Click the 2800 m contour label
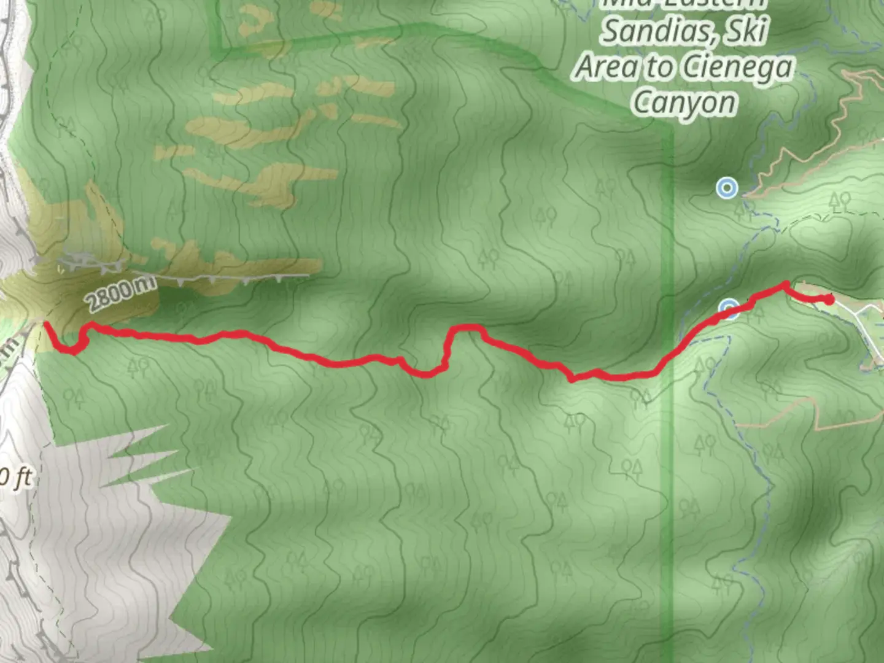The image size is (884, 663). point(120,294)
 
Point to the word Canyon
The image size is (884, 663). point(684,103)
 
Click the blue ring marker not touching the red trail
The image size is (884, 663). point(727,188)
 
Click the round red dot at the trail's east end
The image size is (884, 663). point(829,300)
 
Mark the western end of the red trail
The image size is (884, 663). point(47,324)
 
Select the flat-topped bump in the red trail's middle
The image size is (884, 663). point(467,329)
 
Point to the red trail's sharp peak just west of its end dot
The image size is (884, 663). point(786,284)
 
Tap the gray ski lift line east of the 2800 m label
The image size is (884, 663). point(246,278)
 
